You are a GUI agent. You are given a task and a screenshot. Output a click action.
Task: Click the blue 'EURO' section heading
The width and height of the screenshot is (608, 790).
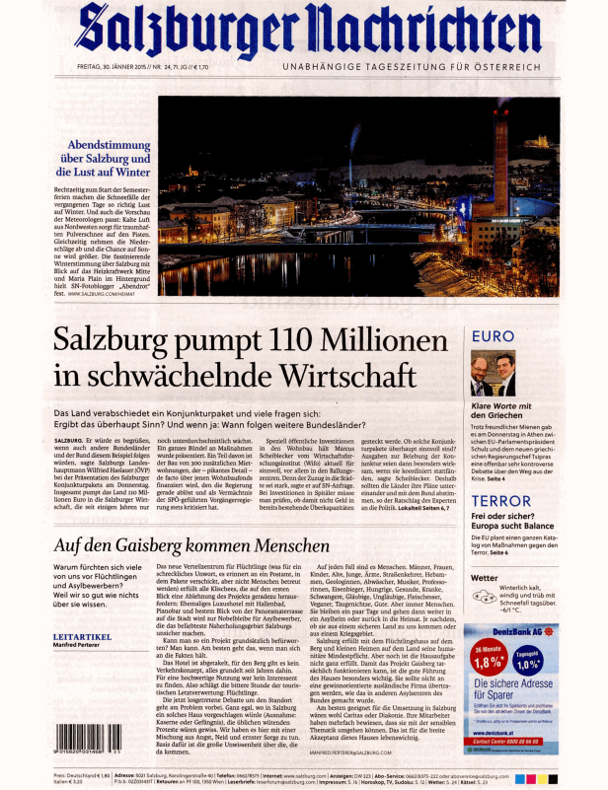(494, 337)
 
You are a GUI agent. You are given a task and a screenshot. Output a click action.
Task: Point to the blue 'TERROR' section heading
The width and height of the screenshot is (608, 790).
(502, 472)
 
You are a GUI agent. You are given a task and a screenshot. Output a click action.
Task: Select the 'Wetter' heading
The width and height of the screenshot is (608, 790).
(485, 577)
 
